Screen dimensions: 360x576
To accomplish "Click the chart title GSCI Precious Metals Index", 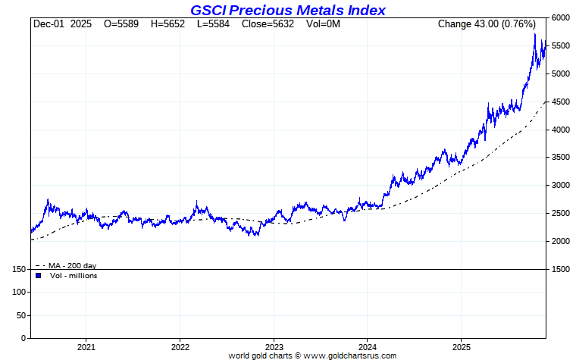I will click(x=288, y=10).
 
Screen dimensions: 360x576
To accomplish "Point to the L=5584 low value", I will click(x=214, y=24).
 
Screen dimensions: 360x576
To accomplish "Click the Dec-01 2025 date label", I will click(x=62, y=24).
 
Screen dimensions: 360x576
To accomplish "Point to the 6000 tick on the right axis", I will click(x=562, y=18).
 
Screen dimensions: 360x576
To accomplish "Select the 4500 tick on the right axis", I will click(x=562, y=102).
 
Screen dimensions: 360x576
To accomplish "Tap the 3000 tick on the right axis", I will click(x=562, y=186).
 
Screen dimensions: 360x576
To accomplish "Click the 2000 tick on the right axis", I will click(x=562, y=241).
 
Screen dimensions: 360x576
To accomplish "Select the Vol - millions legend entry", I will click(x=73, y=275).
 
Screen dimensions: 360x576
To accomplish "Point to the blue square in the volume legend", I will click(x=39, y=275).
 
